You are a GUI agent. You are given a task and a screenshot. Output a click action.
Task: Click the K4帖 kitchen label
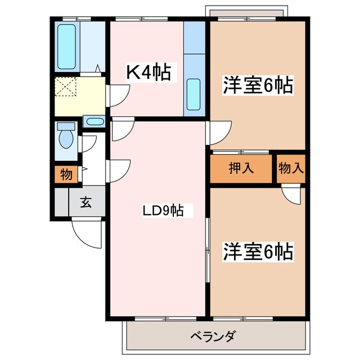tap(147, 73)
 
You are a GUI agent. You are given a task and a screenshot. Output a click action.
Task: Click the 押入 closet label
tap(242, 168)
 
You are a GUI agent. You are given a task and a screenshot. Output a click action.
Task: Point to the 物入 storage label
tap(291, 168)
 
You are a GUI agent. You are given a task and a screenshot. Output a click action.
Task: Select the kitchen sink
tap(193, 94)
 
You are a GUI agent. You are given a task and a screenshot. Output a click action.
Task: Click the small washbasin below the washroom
tap(94, 121)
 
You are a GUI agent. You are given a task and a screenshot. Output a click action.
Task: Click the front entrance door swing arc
tap(87, 232)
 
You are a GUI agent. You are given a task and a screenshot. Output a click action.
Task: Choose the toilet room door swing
tap(87, 143)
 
